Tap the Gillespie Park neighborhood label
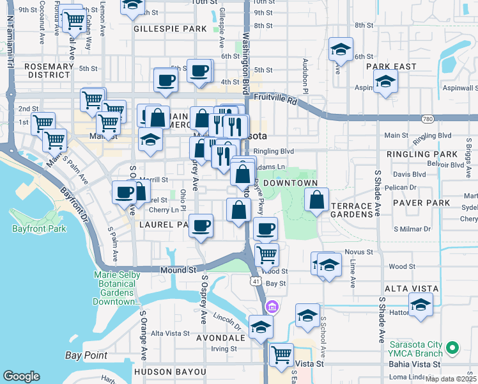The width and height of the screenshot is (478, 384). tap(170, 29)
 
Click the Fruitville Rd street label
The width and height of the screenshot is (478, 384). tap(275, 100)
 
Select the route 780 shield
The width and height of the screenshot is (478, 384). tap(428, 119)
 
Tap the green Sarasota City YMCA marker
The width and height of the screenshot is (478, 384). tap(453, 348)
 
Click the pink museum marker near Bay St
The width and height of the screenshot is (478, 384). tap(273, 307)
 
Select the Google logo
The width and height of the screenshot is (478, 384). tap(21, 376)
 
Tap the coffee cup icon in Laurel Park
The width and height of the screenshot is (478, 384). tap(201, 225)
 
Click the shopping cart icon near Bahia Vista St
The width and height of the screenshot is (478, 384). tap(281, 354)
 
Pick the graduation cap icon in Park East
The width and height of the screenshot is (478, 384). tap(385, 81)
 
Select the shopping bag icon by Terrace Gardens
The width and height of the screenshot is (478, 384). tap(317, 200)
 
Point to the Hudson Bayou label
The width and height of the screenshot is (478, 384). tap(170, 372)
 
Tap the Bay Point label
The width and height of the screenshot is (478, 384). tap(86, 355)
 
